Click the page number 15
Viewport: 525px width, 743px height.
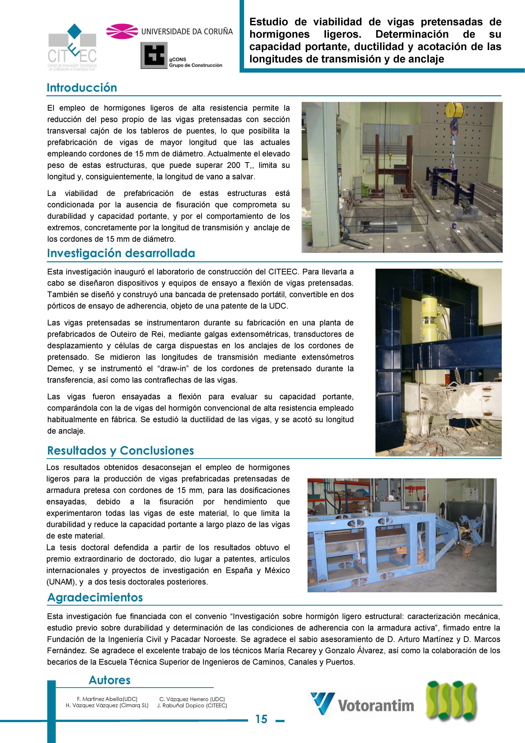pyautogui.click(x=261, y=719)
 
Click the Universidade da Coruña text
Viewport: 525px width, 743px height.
pyautogui.click(x=187, y=31)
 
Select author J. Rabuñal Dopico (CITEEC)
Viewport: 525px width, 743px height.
pyautogui.click(x=192, y=706)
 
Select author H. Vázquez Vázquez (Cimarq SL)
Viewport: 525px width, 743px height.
pyautogui.click(x=107, y=706)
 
